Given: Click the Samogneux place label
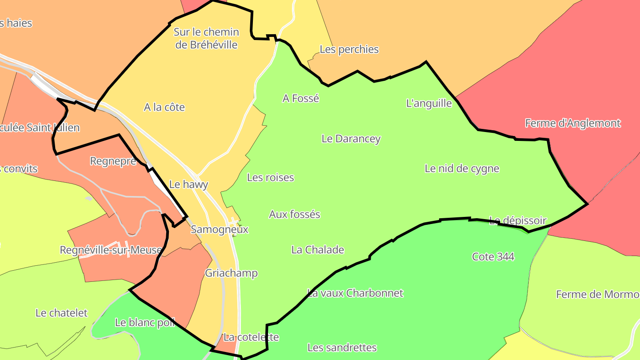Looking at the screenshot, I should point(220,230).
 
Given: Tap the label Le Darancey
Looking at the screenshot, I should point(351,139).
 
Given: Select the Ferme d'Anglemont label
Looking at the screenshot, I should point(572,123).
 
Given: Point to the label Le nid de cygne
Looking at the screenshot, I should point(462,169).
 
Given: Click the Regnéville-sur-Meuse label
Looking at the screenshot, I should point(111,250).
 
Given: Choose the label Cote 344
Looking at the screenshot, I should point(493,257).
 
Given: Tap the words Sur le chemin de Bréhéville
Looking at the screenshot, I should point(206,38).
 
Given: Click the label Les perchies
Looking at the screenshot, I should point(349,49).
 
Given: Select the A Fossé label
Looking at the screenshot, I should point(301,98).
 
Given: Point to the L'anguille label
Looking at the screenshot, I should point(429,104).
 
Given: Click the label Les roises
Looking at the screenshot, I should point(270,178).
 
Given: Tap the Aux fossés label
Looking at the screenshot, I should point(294,215).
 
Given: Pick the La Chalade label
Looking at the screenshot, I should point(317,250).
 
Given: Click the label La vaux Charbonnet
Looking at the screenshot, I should point(355,293).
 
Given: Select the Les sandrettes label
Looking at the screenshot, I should point(342,348).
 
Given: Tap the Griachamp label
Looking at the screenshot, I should point(231,273).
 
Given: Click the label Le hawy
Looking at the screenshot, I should point(188,184).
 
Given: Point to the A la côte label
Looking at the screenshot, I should point(164,108).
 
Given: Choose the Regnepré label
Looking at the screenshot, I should point(113,161).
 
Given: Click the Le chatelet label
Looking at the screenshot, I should point(61,313).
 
